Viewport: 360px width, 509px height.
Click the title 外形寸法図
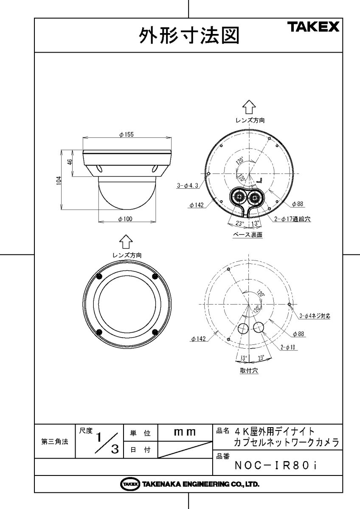point(189,36)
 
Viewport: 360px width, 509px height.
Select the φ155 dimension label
point(127,134)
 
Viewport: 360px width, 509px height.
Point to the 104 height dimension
point(59,179)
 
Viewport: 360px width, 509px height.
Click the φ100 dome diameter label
point(126,218)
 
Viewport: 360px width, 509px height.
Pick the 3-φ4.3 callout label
point(188,185)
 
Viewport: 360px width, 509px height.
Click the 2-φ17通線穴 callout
point(293,220)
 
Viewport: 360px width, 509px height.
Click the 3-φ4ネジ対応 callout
point(315,316)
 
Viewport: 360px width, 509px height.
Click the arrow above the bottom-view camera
point(126,242)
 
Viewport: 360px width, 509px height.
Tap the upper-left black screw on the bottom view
point(98,277)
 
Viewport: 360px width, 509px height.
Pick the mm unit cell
point(185,433)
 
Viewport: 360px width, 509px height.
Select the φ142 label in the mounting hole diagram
point(198,338)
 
